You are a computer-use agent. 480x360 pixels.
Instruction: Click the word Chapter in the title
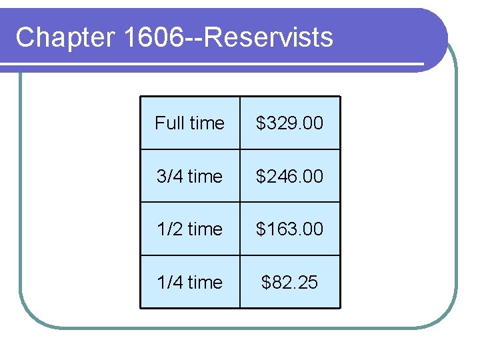click(x=65, y=37)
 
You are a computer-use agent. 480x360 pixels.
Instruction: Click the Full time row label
click(x=189, y=123)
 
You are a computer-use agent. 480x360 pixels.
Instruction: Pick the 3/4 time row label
click(x=189, y=176)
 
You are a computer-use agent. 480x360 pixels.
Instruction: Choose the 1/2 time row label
click(x=189, y=229)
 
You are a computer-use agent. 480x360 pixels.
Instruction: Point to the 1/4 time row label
click(x=189, y=283)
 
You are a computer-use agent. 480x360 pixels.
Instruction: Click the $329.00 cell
click(x=290, y=123)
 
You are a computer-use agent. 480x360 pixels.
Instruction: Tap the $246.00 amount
click(x=290, y=176)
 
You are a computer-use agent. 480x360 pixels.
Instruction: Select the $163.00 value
click(x=290, y=229)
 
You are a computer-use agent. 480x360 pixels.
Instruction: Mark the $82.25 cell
click(x=290, y=283)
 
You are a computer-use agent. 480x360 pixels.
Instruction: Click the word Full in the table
click(x=169, y=123)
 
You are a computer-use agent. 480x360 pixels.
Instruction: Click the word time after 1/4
click(x=205, y=283)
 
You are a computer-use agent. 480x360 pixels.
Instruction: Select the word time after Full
click(x=206, y=123)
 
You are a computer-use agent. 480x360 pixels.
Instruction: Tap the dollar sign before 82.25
click(x=267, y=283)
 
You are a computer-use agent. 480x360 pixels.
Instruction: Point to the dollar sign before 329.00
click(x=261, y=123)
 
